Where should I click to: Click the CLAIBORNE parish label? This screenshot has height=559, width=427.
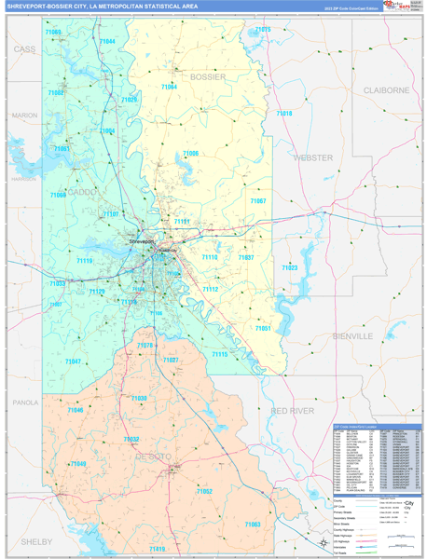pos(386,90)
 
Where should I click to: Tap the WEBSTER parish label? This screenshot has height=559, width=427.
pos(312,157)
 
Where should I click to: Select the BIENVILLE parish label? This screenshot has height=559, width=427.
pos(350,334)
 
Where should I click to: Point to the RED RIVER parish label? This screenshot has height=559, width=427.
pos(292,410)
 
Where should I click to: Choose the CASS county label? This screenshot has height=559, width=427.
pos(24,48)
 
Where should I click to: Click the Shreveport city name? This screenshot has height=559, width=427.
pos(140,241)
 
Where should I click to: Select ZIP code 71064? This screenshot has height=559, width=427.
pos(169,87)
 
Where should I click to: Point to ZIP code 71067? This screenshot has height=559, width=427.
pos(258,201)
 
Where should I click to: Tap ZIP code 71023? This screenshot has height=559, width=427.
pos(289,267)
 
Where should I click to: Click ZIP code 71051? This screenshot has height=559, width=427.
pos(264,328)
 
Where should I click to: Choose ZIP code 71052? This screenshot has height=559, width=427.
pos(204,491)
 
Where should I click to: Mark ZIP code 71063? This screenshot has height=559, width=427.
pos(252,525)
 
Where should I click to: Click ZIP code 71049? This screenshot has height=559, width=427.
pos(78,464)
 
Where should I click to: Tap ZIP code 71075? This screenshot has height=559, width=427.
pos(263,30)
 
